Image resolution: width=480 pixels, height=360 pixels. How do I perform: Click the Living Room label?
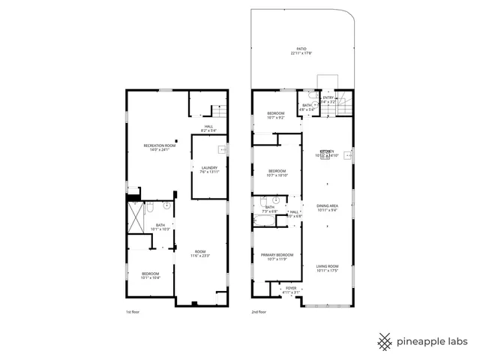pos(328,268)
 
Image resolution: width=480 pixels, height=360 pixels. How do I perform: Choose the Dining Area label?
pos(328,208)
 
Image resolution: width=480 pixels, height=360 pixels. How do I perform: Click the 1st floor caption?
pos(132,312)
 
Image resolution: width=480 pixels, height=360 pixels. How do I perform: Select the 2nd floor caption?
pos(258,312)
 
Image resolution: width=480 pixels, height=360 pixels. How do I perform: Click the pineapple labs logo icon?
pos(384,341)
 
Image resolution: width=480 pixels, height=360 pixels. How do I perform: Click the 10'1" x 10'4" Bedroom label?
pos(152,275)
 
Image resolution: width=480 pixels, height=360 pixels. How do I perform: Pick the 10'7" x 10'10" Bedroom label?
pos(278,173)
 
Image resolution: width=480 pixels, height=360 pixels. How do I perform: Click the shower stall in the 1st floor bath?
pos(135,217)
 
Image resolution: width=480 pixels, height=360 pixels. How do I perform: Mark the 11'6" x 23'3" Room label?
pos(199,254)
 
